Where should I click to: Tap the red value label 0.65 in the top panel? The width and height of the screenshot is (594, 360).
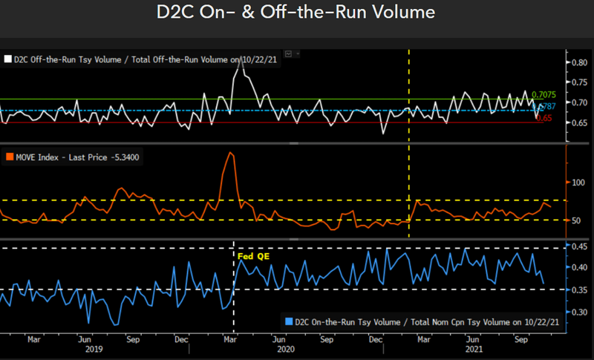[x=545, y=118]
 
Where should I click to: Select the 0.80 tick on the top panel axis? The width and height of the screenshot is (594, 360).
[x=580, y=63]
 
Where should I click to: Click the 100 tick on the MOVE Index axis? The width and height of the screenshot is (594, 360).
[x=578, y=182]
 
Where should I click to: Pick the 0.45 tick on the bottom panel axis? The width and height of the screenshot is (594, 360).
[x=580, y=246]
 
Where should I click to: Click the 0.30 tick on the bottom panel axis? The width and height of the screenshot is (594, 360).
[x=580, y=312]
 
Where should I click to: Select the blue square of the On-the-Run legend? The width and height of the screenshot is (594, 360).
[x=288, y=321]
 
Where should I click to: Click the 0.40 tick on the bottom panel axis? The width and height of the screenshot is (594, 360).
[x=580, y=267]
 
